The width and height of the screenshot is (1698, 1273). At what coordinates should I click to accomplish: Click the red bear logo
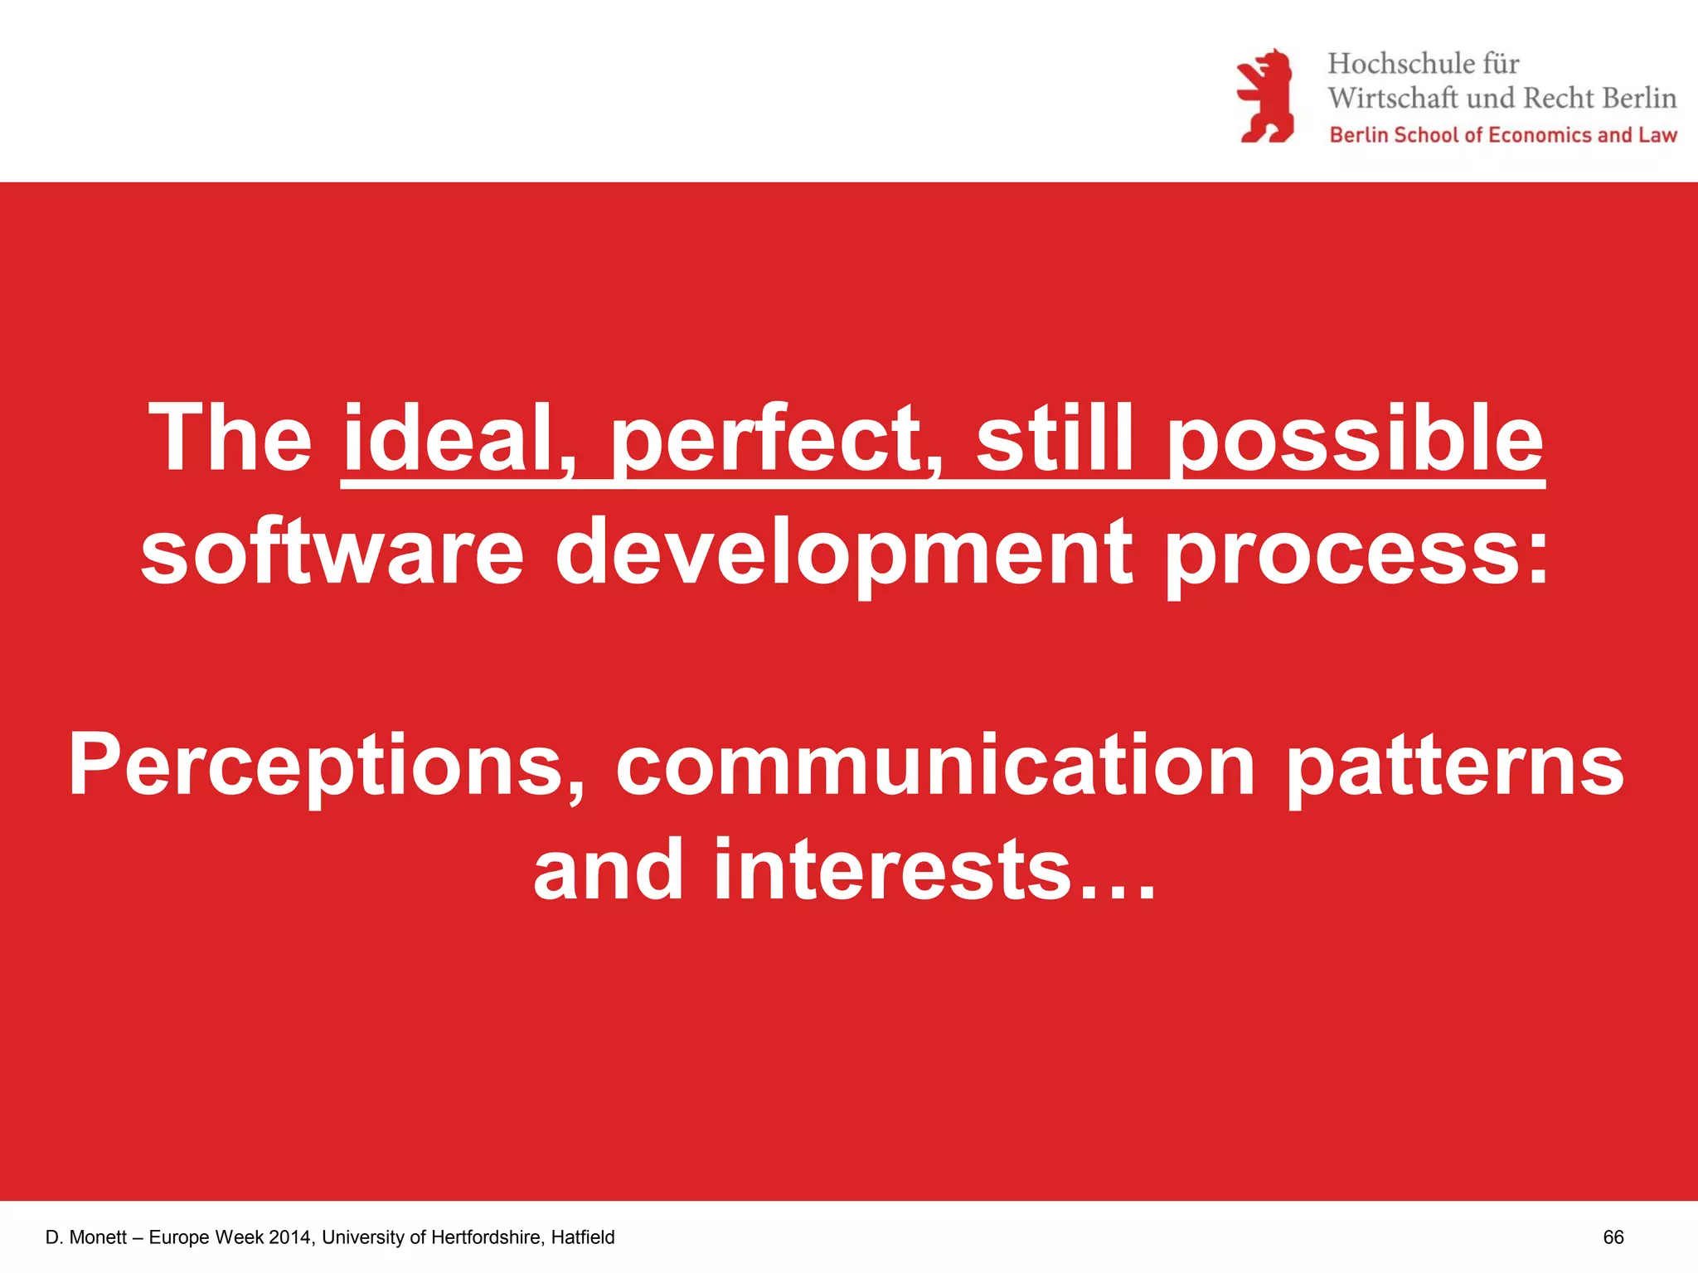coord(1265,96)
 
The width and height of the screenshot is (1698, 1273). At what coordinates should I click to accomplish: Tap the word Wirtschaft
coord(1392,99)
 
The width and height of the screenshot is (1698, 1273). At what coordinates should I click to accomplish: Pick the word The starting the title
coord(230,438)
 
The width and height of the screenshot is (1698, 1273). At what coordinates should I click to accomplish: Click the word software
coord(332,551)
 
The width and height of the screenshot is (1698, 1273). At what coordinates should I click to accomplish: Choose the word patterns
coord(1454,767)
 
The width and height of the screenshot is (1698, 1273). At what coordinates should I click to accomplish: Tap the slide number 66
coord(1613,1237)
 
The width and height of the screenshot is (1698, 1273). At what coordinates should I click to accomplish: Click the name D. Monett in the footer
coord(86,1237)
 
